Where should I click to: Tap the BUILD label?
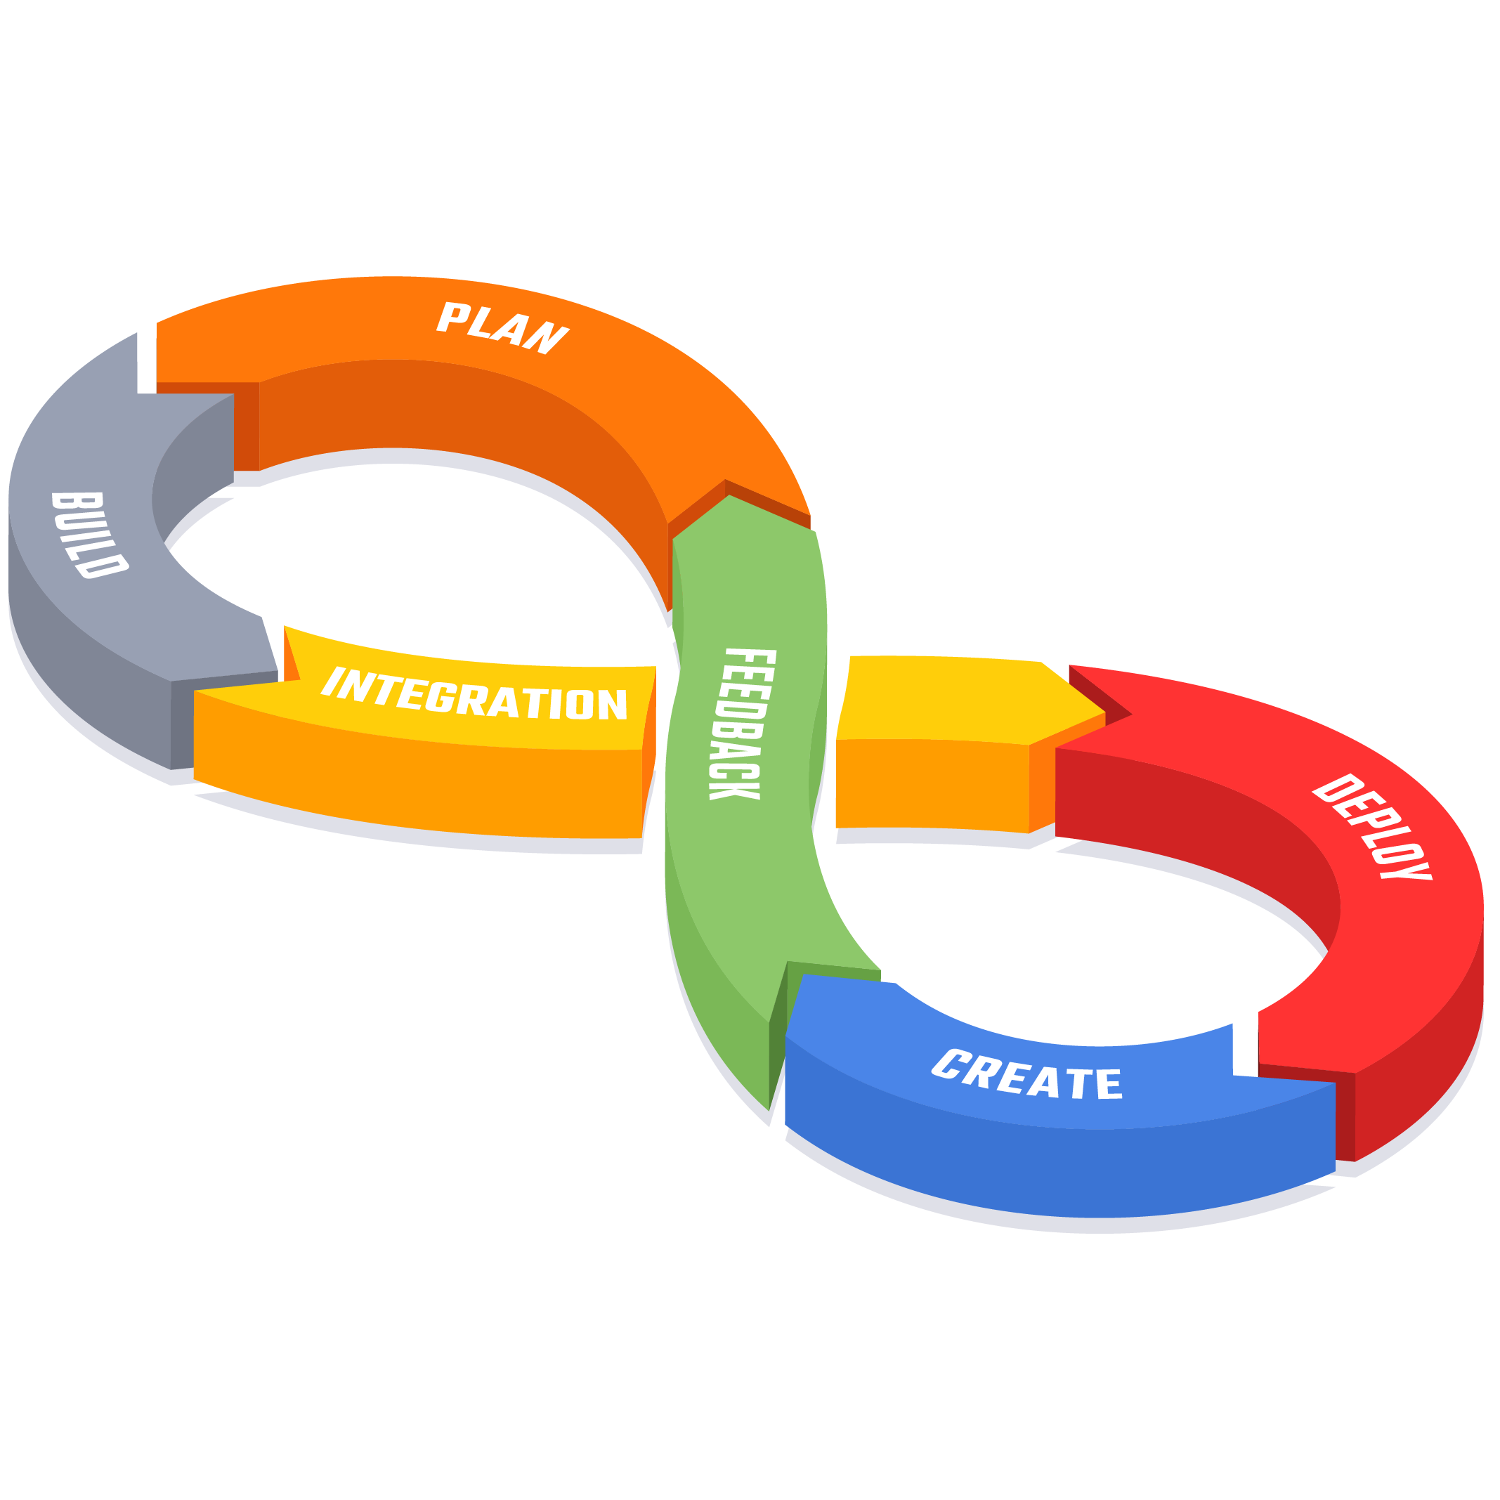pyautogui.click(x=88, y=535)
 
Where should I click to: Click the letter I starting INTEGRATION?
pyautogui.click(x=333, y=681)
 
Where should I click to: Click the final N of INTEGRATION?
pyautogui.click(x=613, y=704)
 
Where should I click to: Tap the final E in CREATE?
pyautogui.click(x=1109, y=1085)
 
